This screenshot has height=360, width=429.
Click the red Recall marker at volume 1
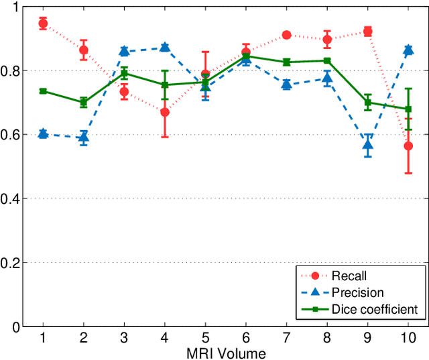(43, 24)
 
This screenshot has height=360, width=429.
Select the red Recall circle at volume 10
(408, 145)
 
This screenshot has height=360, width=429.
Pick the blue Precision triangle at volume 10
(408, 50)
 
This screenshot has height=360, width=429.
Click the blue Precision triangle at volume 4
(165, 48)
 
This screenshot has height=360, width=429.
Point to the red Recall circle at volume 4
(165, 112)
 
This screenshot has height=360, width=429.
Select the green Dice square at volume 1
(43, 91)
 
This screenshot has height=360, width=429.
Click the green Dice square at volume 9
(367, 103)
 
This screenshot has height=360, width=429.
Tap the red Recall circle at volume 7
(286, 35)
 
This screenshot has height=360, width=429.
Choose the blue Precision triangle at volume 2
(84, 138)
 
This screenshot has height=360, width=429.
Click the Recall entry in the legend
(349, 275)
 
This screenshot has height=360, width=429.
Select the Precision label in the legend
(358, 292)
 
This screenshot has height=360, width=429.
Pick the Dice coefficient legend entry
(375, 309)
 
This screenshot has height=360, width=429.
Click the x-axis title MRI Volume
(226, 353)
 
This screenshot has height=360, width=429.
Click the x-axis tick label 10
(408, 337)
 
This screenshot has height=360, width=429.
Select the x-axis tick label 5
(205, 337)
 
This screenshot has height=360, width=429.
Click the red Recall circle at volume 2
(84, 50)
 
